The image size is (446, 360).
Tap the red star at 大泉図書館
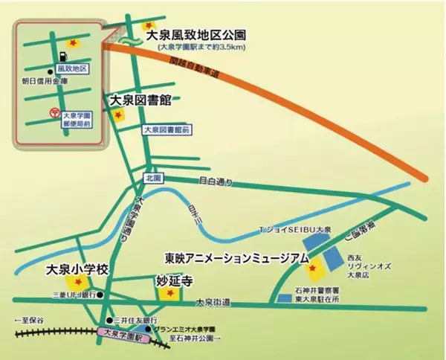pos(117,115)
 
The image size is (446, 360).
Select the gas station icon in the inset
pos(62,56)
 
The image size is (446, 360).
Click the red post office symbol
pos(53,112)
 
